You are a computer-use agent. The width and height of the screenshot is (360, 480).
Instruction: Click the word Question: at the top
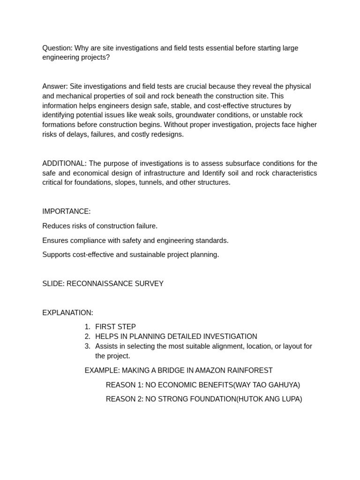[57, 48]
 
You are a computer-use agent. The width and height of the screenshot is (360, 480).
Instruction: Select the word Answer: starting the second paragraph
[55, 86]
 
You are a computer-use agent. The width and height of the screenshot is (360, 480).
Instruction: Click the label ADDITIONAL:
[64, 163]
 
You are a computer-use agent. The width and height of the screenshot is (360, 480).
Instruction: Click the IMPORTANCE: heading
[67, 211]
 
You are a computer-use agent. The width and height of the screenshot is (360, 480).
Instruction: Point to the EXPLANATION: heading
[67, 313]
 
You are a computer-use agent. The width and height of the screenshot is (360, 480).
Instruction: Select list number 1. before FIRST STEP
[88, 327]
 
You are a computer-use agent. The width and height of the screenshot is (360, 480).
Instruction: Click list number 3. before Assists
[88, 346]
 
